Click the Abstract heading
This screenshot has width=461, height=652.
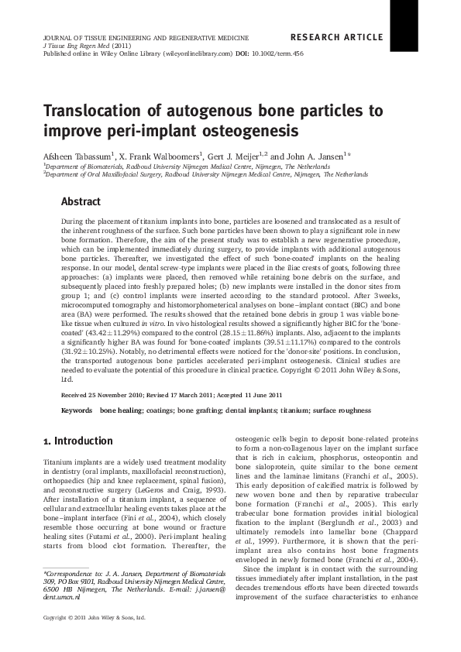point(81,201)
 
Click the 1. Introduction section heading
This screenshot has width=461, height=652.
point(78,441)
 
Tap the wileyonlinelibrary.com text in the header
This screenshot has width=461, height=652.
point(198,54)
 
